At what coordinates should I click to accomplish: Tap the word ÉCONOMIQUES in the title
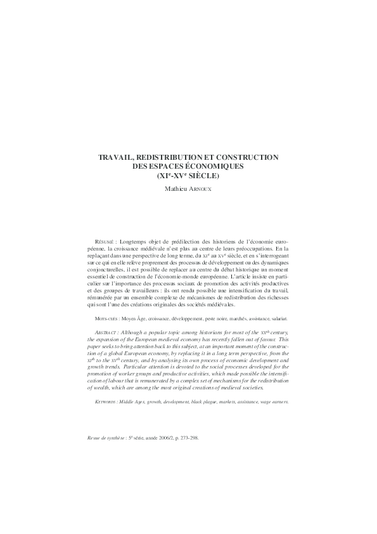pos(216,166)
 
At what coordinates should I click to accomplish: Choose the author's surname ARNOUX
pos(203,188)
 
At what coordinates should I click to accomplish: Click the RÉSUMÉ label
pos(103,242)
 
